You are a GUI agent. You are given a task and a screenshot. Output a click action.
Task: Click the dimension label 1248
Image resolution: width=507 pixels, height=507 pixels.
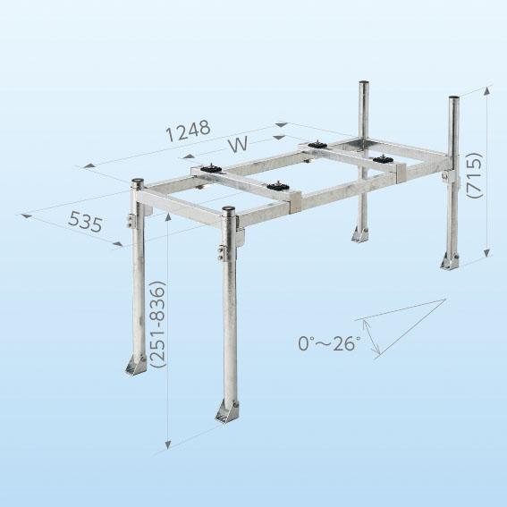point(188,131)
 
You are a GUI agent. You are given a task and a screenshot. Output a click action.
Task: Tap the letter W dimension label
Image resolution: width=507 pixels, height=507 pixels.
point(238,145)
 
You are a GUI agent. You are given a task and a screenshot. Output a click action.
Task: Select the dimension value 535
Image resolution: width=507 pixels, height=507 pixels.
point(85,221)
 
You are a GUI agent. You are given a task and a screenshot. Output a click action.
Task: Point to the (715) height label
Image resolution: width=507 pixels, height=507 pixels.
point(475,175)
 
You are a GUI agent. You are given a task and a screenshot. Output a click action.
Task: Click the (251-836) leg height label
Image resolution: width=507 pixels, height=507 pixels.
point(158,324)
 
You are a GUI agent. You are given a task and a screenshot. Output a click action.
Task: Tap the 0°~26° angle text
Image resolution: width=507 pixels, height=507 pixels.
point(329,343)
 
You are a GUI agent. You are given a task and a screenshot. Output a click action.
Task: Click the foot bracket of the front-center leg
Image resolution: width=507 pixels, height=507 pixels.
point(226,411)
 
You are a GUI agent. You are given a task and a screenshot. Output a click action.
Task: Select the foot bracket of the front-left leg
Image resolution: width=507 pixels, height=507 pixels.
point(136,365)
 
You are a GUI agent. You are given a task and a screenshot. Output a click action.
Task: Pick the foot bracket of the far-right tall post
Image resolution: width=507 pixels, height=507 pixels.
point(450,261)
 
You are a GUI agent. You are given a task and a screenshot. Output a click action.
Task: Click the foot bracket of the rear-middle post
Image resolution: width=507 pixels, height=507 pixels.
point(359,233)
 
